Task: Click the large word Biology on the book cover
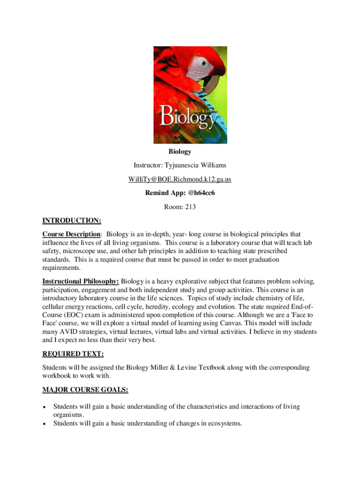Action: [x=187, y=117]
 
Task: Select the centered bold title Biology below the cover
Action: [x=180, y=152]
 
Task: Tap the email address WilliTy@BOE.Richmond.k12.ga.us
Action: [x=180, y=179]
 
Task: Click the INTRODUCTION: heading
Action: [x=72, y=220]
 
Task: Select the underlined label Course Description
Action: [x=71, y=234]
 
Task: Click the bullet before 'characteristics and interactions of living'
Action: [x=44, y=407]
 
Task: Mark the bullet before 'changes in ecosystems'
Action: [x=44, y=424]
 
